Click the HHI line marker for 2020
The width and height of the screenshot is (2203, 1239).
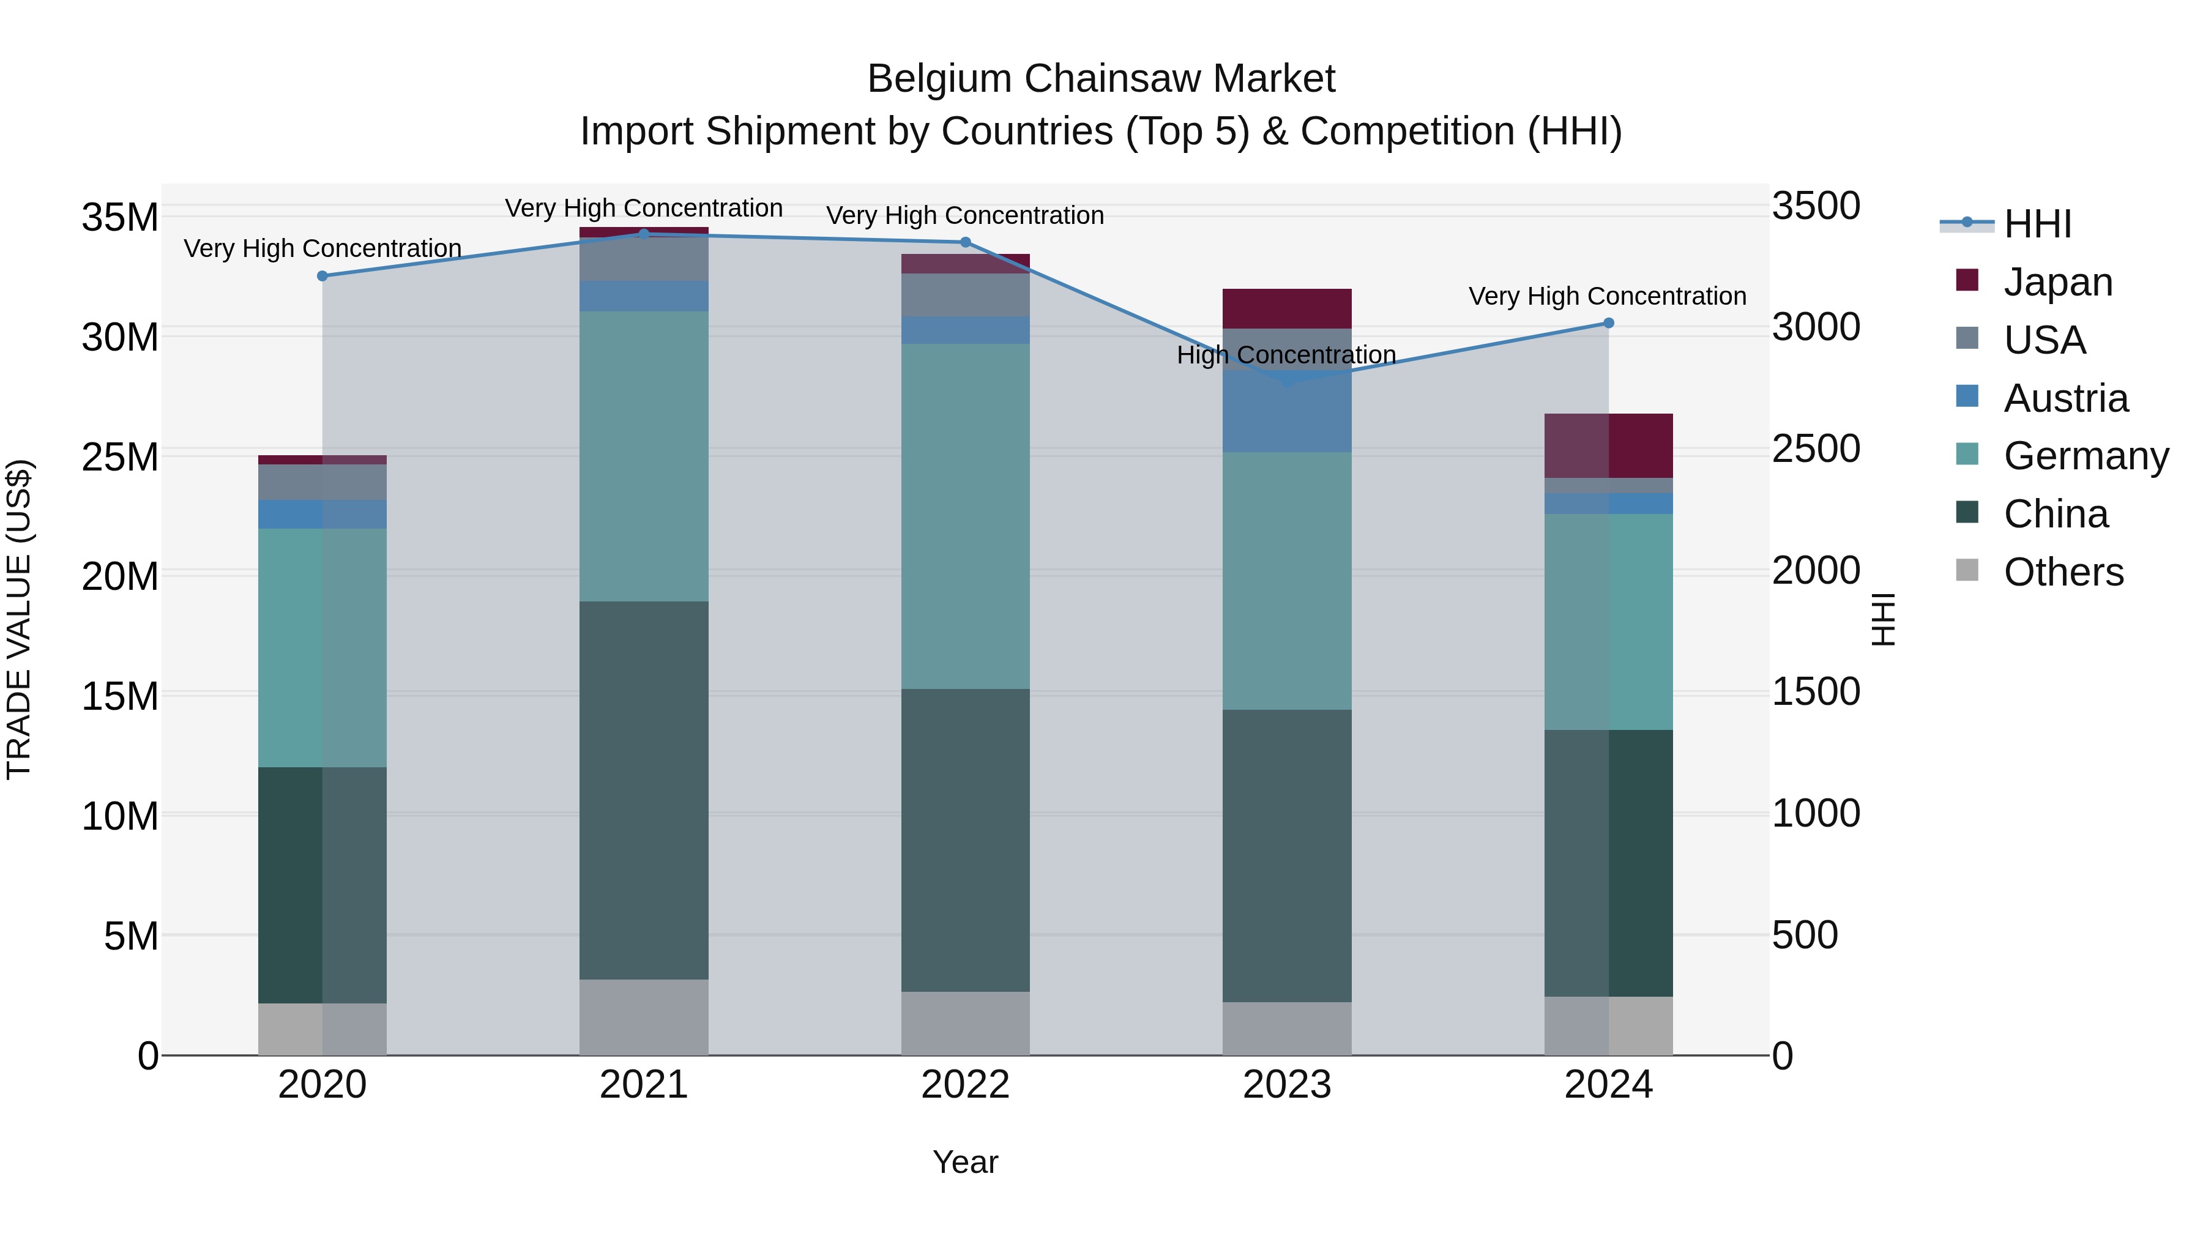tap(322, 276)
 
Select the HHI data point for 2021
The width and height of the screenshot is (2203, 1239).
tap(644, 234)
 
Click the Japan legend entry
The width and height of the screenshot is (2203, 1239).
tap(2057, 282)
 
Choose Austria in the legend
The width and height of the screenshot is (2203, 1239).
tap(2065, 398)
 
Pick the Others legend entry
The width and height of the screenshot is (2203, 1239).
tap(2063, 572)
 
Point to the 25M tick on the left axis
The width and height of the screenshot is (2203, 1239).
tap(120, 458)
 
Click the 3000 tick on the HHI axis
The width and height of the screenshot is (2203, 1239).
tap(1816, 327)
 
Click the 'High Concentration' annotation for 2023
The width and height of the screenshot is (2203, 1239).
tap(1286, 355)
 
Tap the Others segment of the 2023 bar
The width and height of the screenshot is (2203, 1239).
tap(1286, 1029)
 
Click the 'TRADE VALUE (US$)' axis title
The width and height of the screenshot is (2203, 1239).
tap(19, 619)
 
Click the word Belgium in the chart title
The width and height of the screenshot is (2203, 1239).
tap(940, 79)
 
